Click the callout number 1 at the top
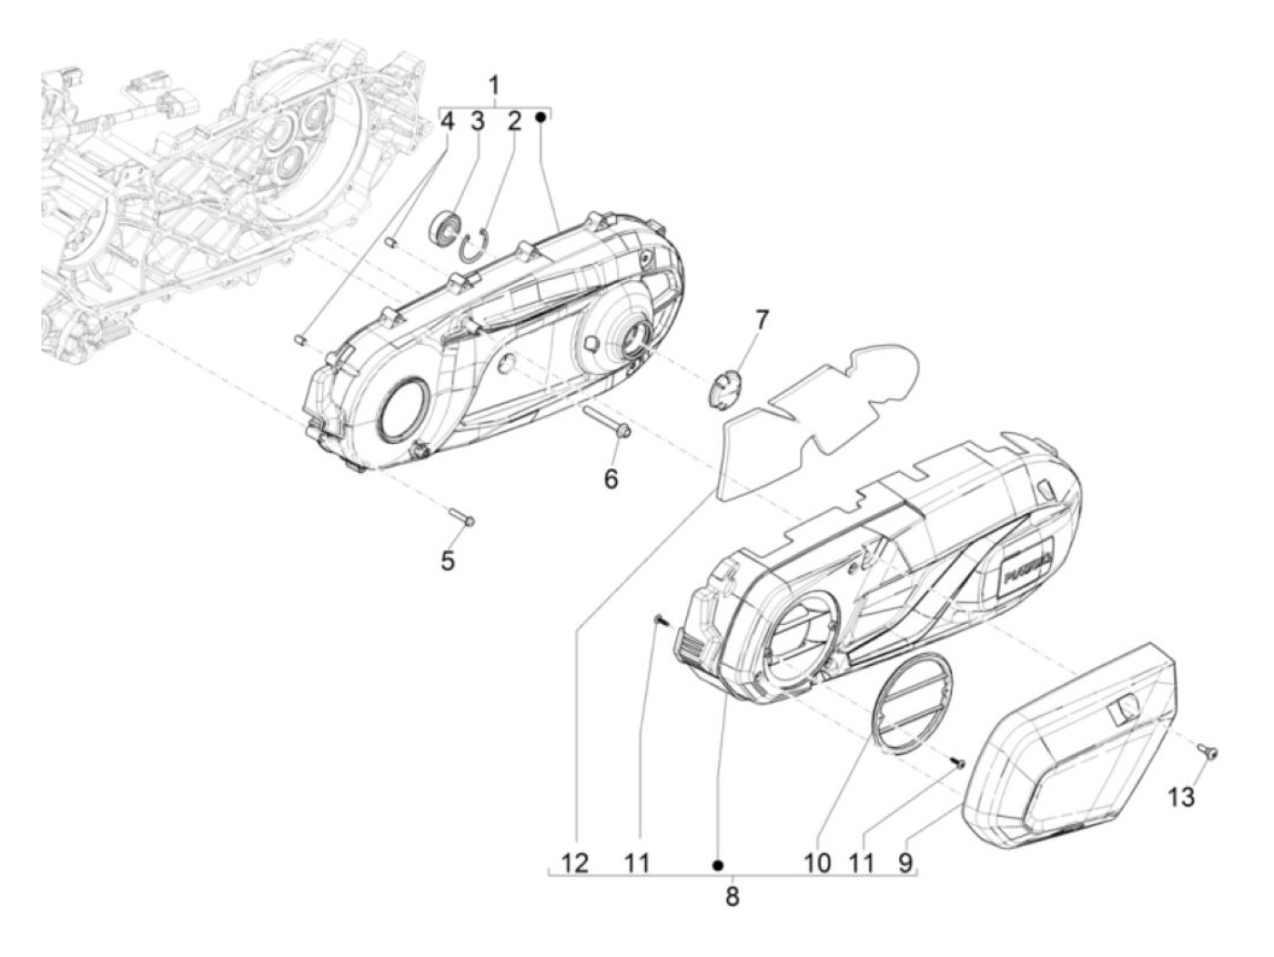[x=494, y=86]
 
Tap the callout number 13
[x=1180, y=798]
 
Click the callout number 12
[x=577, y=862]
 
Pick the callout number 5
[x=448, y=560]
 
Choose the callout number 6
[x=611, y=477]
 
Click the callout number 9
[x=905, y=862]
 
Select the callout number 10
[x=817, y=862]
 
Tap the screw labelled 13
[x=1209, y=752]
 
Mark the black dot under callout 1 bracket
[x=540, y=117]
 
